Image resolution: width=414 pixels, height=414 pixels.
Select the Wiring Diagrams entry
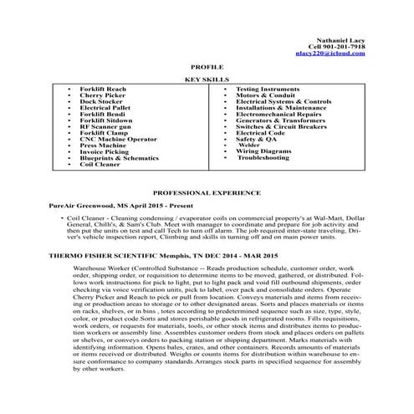pos(264,151)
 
